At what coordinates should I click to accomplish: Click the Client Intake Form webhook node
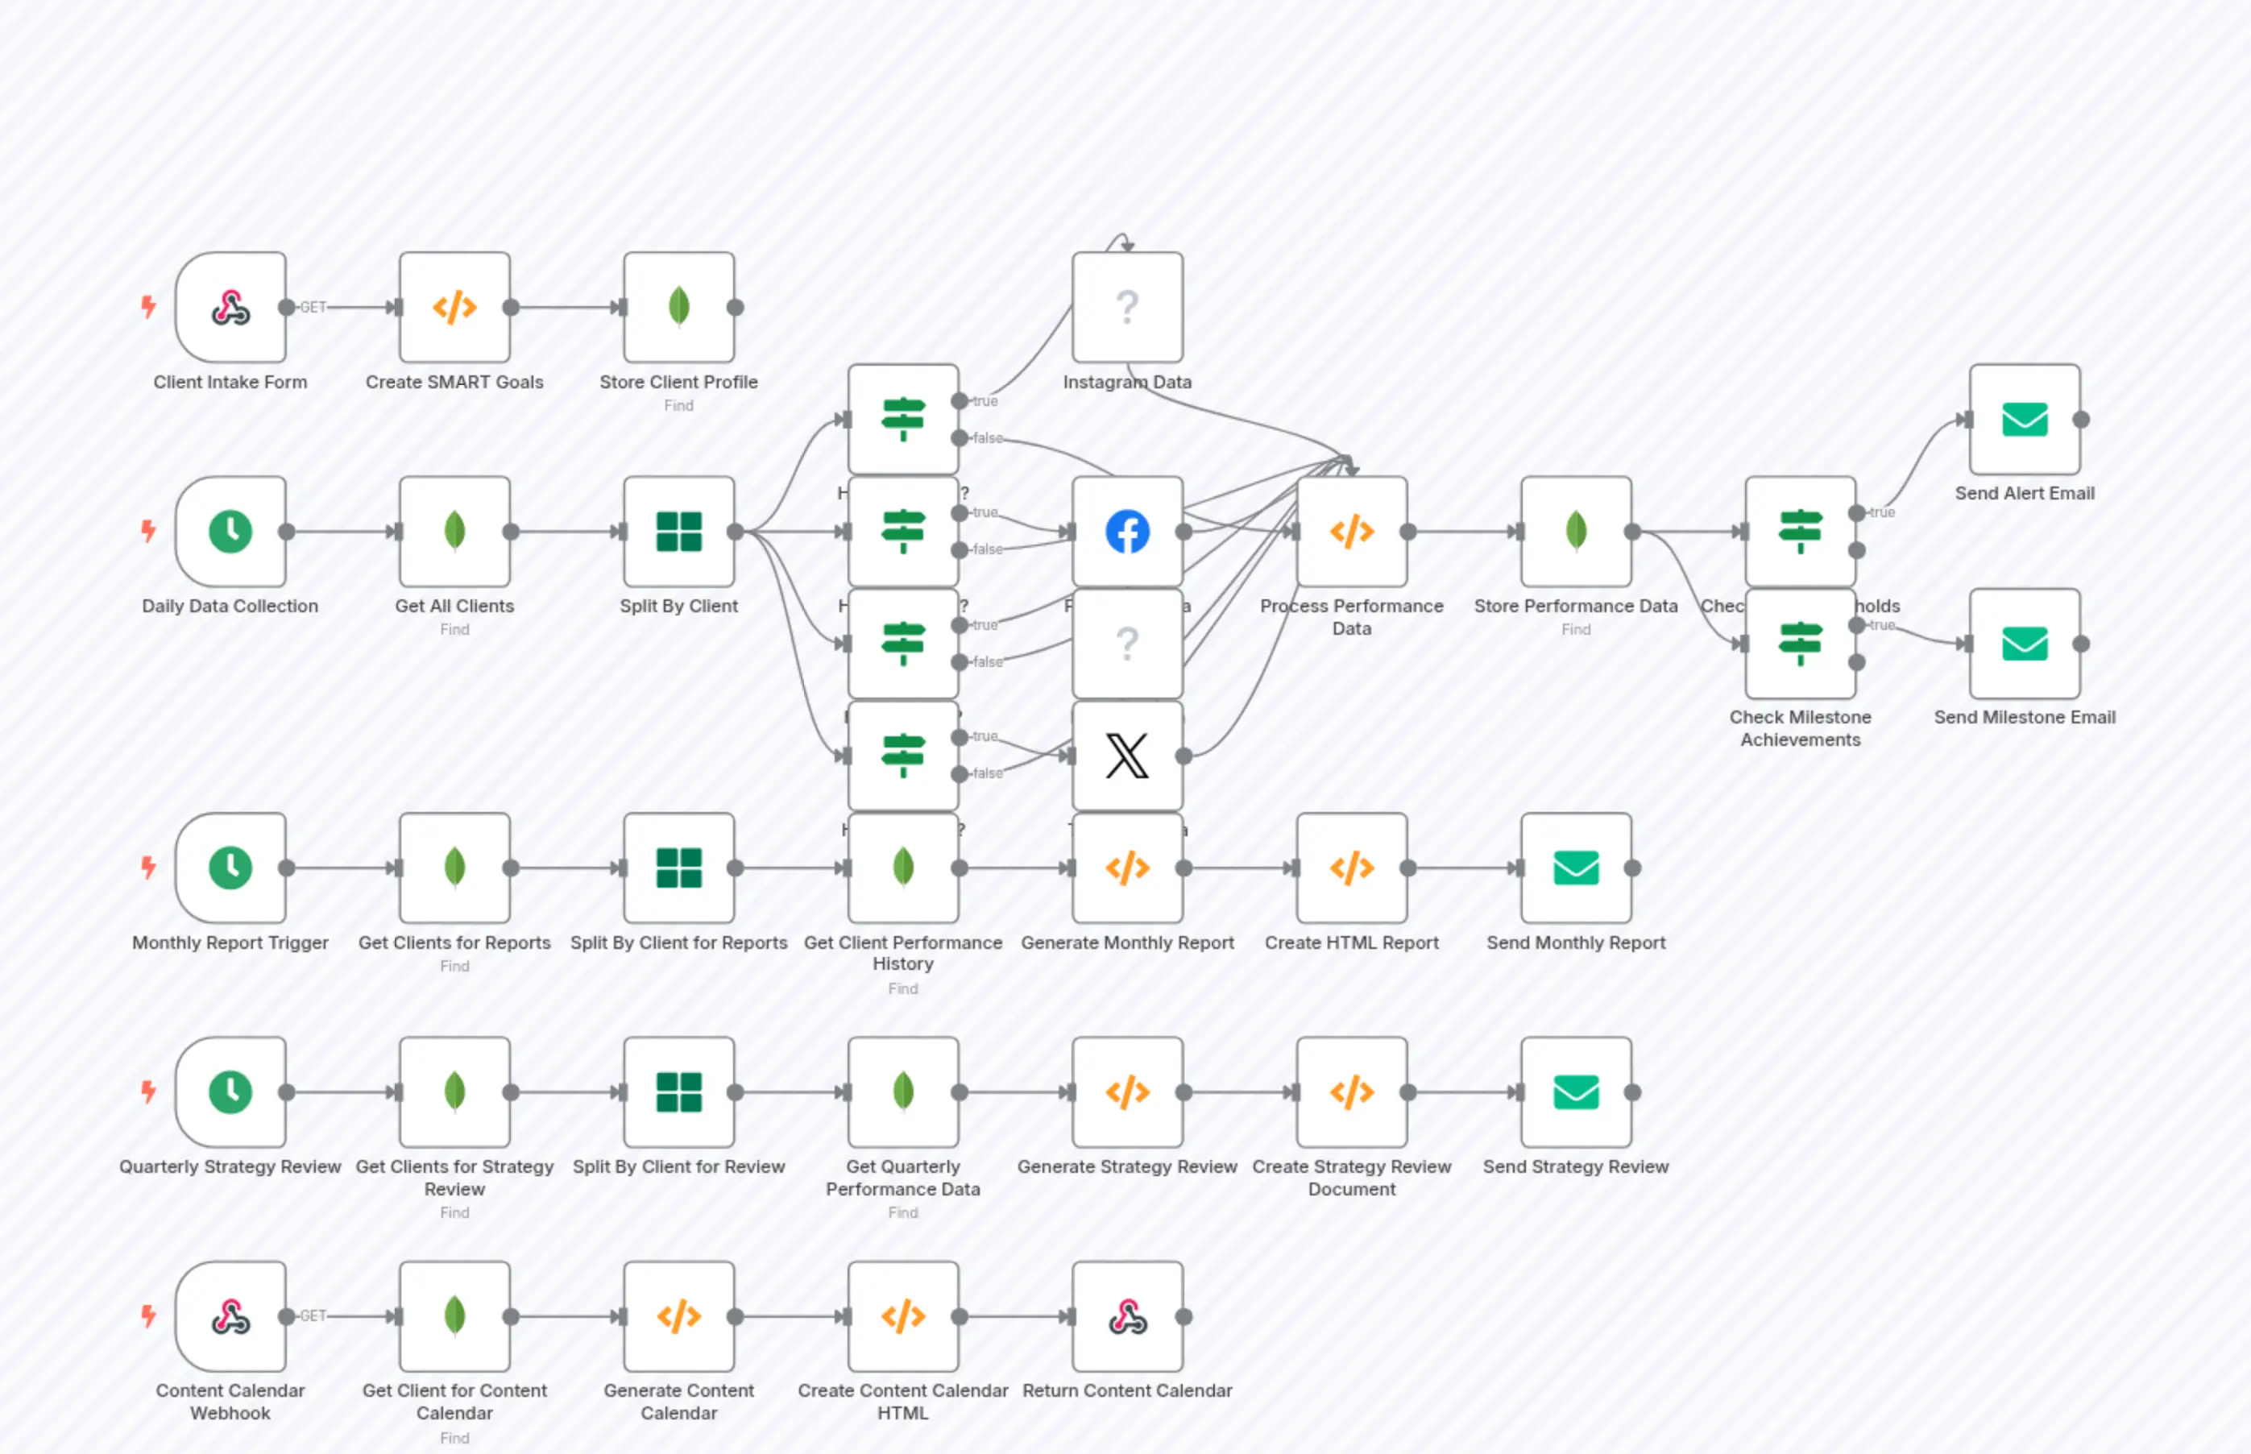click(x=230, y=307)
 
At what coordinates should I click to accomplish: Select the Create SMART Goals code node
click(x=454, y=307)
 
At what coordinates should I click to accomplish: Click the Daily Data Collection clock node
click(x=230, y=532)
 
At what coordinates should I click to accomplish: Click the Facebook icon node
click(x=1126, y=532)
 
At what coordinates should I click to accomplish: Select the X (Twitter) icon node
click(x=1126, y=756)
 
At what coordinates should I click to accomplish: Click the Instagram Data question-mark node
click(x=1126, y=307)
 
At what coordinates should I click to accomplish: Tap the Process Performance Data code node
click(x=1351, y=532)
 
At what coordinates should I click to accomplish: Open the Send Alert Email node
click(x=2024, y=419)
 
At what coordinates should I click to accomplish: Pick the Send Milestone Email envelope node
click(x=2024, y=644)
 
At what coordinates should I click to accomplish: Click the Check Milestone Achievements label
click(x=1800, y=728)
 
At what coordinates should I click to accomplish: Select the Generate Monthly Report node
click(x=1126, y=868)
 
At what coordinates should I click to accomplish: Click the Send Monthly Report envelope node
click(x=1575, y=868)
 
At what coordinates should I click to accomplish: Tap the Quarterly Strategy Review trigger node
click(x=230, y=1092)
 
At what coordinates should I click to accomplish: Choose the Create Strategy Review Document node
click(x=1351, y=1092)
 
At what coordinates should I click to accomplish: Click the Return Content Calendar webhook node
click(x=1126, y=1316)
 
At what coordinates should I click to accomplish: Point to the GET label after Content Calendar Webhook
click(x=313, y=1315)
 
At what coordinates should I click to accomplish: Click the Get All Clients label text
click(x=454, y=606)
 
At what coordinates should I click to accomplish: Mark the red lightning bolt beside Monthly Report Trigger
click(x=148, y=867)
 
